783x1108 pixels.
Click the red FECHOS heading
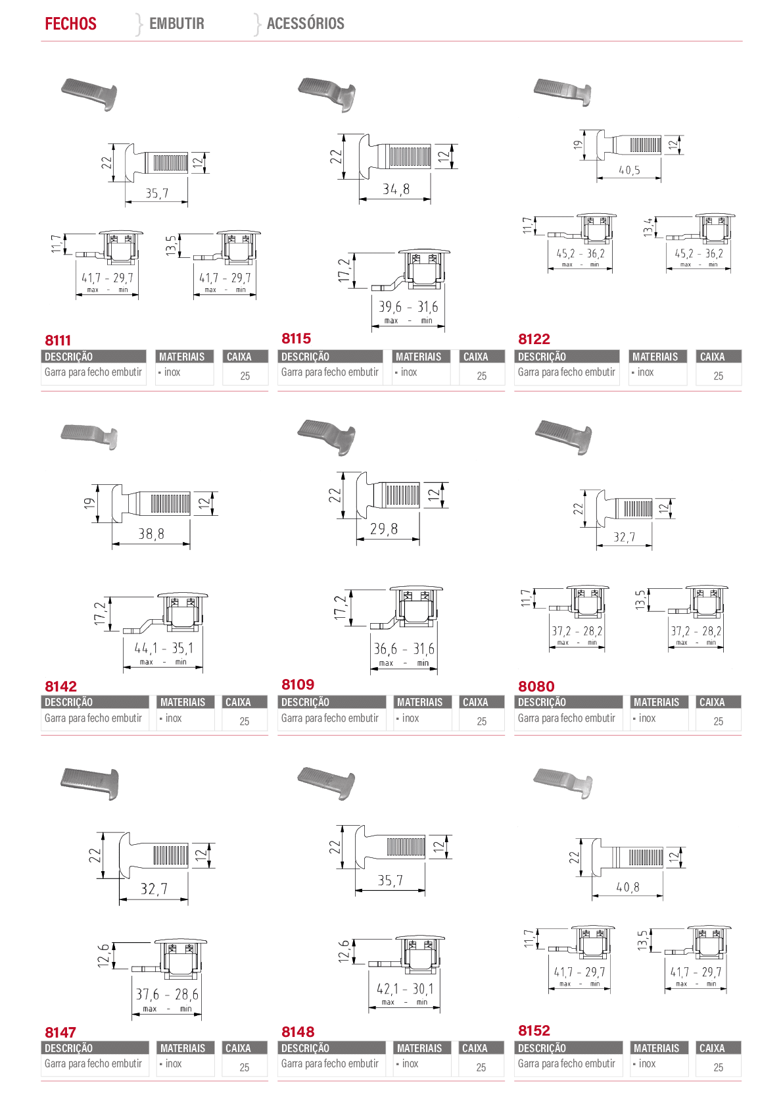[71, 24]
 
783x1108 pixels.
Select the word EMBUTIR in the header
[176, 23]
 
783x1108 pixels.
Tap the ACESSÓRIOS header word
[306, 23]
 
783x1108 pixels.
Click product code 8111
[58, 340]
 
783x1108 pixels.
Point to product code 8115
[296, 338]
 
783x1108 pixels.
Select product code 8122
[534, 339]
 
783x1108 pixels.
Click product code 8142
[60, 686]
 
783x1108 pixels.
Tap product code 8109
[298, 684]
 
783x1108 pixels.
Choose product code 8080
[536, 686]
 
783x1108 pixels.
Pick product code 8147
[60, 1032]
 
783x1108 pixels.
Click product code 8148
[298, 1032]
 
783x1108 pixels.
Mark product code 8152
[534, 1030]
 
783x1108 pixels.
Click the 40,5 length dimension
[629, 170]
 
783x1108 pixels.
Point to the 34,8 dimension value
[396, 189]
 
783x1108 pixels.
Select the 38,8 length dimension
[151, 534]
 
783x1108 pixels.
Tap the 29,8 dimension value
[384, 529]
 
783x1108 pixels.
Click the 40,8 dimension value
[628, 888]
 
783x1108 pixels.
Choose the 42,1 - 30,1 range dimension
[405, 989]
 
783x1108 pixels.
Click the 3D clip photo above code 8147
[89, 784]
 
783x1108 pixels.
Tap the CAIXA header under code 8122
[712, 357]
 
